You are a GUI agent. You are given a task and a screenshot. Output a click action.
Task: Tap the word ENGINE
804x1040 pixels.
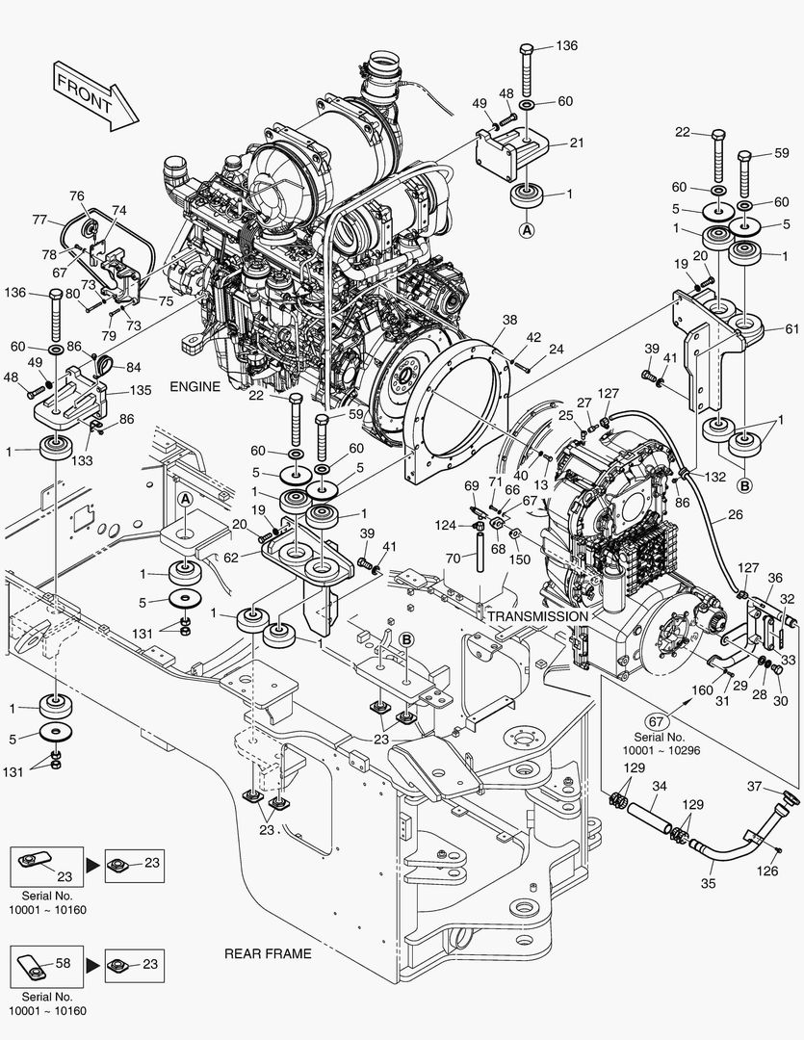point(195,386)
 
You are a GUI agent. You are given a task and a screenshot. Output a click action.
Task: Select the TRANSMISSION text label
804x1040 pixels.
point(536,616)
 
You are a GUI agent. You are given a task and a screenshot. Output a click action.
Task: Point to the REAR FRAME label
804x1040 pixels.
point(268,953)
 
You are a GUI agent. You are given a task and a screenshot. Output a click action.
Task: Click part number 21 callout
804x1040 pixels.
point(577,143)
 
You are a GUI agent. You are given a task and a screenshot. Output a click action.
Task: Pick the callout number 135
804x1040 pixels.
point(142,391)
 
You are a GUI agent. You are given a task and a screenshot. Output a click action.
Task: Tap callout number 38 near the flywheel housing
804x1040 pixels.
point(509,321)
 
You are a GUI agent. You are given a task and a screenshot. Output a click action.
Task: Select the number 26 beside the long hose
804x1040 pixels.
point(735,515)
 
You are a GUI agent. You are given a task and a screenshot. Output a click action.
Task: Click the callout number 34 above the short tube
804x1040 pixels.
point(659,787)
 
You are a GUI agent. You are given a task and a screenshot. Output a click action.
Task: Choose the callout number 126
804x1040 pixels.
point(766,872)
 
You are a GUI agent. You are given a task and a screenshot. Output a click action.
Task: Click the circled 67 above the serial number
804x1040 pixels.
point(657,721)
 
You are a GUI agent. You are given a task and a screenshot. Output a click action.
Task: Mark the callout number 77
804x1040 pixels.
point(39,221)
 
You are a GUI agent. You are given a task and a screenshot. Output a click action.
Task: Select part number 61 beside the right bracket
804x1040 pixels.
point(791,328)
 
